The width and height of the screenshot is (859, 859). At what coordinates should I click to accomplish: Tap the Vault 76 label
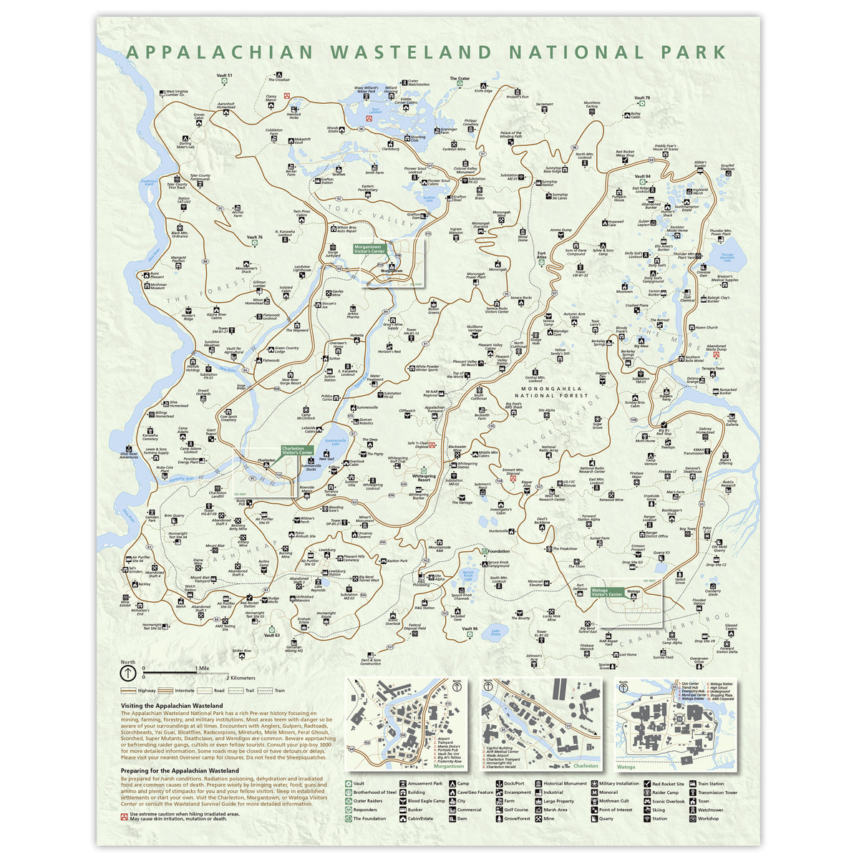click(255, 236)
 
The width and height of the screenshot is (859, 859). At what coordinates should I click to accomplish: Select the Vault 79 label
click(642, 98)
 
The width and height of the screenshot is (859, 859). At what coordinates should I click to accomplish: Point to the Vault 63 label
click(271, 635)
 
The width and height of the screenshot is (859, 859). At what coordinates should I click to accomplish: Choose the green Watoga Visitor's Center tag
click(608, 592)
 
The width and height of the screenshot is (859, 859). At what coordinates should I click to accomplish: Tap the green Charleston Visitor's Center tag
click(297, 450)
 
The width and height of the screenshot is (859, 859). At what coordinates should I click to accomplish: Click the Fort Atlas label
click(542, 256)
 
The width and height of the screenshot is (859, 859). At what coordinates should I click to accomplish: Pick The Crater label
click(460, 78)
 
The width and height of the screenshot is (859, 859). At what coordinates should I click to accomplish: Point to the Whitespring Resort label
click(424, 477)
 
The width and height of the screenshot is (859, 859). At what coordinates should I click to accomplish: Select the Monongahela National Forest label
click(550, 392)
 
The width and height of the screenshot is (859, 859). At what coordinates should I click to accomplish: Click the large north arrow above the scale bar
click(127, 674)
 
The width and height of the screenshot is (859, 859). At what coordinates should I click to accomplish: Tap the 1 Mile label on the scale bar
click(202, 668)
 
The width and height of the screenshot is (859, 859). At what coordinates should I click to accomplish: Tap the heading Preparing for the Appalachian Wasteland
click(180, 770)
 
